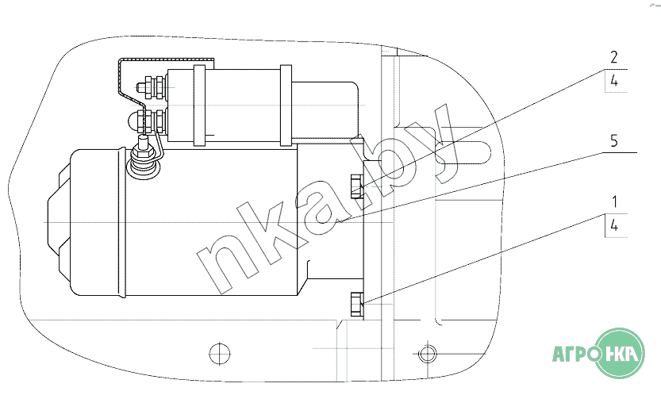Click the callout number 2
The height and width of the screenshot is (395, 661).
click(x=614, y=57)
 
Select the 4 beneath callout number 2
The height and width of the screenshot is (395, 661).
click(x=614, y=80)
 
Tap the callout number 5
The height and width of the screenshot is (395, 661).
click(x=614, y=140)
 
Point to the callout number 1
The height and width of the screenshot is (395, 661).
click(x=615, y=202)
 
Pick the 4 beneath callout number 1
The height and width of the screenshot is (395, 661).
click(x=614, y=225)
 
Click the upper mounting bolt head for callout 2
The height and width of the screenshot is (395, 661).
click(x=356, y=186)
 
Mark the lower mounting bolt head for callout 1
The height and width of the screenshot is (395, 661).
click(x=356, y=305)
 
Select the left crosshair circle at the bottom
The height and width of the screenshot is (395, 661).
click(x=220, y=353)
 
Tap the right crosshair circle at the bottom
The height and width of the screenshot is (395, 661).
click(x=428, y=353)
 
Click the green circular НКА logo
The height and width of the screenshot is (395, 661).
click(x=620, y=353)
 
